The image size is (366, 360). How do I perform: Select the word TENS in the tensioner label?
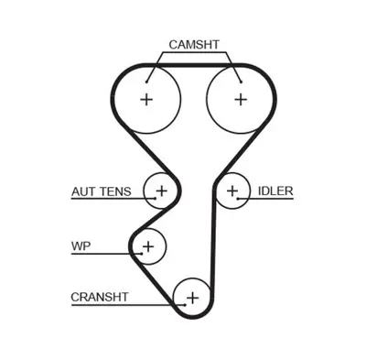114,191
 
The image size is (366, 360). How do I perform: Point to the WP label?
81,245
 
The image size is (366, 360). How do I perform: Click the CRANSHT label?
100,297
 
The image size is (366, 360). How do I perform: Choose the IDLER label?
274,191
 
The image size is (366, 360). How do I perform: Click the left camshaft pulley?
146,99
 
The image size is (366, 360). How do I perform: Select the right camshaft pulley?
240,99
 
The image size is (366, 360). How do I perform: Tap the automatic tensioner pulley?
161,191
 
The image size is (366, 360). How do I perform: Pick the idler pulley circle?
232,191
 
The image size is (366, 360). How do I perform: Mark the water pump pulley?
147,245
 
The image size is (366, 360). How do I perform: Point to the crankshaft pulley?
192,297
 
